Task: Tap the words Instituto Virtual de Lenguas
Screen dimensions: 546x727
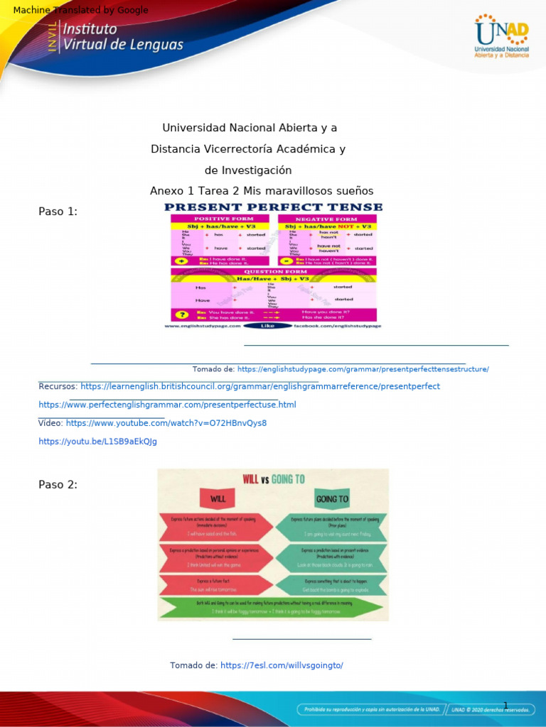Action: pyautogui.click(x=123, y=37)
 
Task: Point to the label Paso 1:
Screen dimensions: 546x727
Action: pyautogui.click(x=58, y=211)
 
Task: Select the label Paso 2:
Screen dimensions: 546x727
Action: pyautogui.click(x=58, y=484)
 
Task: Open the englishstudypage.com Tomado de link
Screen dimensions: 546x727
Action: pyautogui.click(x=363, y=369)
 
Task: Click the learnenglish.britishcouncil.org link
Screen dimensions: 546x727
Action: pyautogui.click(x=260, y=386)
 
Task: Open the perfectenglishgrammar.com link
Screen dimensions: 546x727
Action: pyautogui.click(x=167, y=405)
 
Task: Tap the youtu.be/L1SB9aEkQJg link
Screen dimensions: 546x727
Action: pyautogui.click(x=97, y=441)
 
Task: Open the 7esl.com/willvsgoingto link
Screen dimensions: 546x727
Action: pyautogui.click(x=282, y=665)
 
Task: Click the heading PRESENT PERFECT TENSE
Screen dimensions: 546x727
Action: pyautogui.click(x=274, y=207)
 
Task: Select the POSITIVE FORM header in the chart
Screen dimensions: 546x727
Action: pyautogui.click(x=220, y=219)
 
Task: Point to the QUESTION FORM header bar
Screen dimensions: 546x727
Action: pyautogui.click(x=274, y=271)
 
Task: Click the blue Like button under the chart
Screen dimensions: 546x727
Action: pyautogui.click(x=267, y=326)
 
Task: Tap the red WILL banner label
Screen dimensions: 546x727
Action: pyautogui.click(x=218, y=498)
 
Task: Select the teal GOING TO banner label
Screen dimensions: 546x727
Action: pyautogui.click(x=332, y=498)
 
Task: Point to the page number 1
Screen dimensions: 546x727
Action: pyautogui.click(x=505, y=705)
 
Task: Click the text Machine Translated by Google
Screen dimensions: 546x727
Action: pyautogui.click(x=81, y=10)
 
